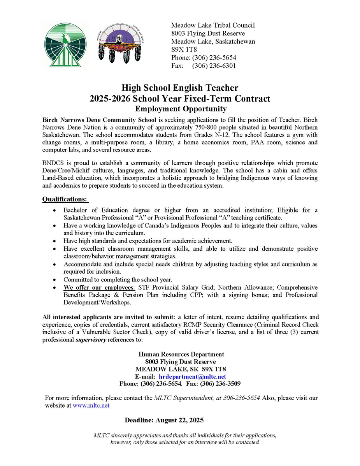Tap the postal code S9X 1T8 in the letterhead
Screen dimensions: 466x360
tap(185, 50)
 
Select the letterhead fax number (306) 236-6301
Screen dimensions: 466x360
tap(214, 66)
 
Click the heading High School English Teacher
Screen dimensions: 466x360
tap(179, 88)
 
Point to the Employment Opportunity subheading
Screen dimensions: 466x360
tap(179, 109)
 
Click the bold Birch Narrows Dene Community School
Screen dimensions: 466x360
tap(99, 120)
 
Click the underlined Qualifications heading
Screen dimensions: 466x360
tap(65, 199)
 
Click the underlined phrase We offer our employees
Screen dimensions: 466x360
tap(100, 288)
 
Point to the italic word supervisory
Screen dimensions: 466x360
tap(91, 340)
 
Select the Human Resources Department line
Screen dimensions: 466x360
tap(181, 354)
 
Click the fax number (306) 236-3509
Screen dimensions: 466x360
tap(220, 384)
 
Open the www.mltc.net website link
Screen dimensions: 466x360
tap(91, 405)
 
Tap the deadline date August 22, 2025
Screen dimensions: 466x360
tap(180, 420)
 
